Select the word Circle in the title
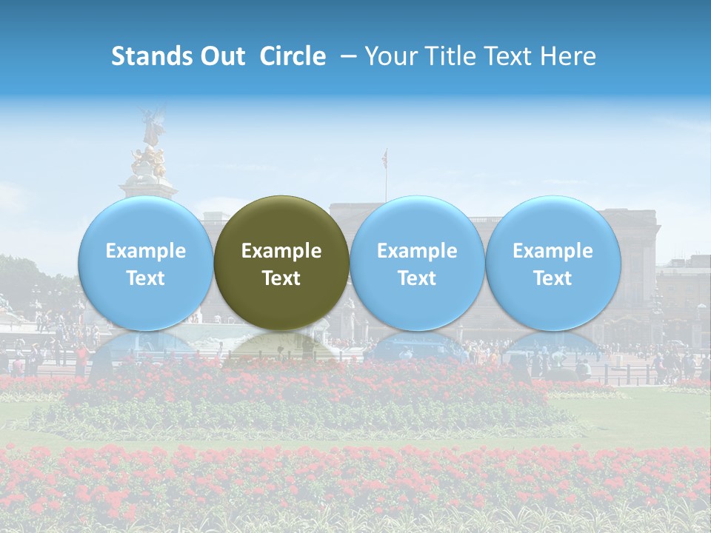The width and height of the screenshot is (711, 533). [x=293, y=56]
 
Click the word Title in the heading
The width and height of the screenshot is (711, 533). [x=454, y=56]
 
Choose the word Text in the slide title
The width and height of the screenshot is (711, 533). [x=513, y=56]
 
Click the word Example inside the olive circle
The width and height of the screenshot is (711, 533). [x=281, y=251]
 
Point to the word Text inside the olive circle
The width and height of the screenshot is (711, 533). [x=281, y=278]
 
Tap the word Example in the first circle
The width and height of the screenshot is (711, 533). [x=146, y=251]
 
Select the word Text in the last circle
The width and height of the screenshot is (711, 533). [x=553, y=278]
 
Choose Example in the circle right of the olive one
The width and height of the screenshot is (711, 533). [x=417, y=251]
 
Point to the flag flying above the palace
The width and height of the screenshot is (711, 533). [x=384, y=158]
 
